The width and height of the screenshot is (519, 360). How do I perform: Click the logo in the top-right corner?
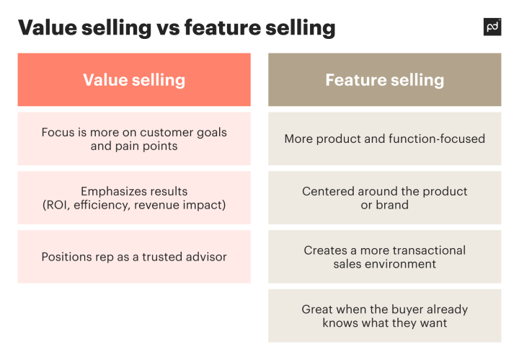[x=492, y=27]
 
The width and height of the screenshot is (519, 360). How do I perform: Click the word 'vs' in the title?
[x=165, y=27]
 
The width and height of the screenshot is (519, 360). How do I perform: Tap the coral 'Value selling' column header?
[x=134, y=80]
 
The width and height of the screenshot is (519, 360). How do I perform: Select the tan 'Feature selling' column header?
[x=384, y=80]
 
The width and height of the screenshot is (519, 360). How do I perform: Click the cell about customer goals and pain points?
[x=134, y=139]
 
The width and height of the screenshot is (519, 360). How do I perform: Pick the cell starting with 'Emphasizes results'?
[x=134, y=198]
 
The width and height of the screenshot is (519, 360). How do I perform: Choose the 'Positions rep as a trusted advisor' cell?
[x=134, y=257]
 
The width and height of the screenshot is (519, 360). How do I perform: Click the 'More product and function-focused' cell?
[x=384, y=139]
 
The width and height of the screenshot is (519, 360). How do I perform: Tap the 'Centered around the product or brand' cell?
[x=384, y=198]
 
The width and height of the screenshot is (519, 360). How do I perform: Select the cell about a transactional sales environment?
[x=384, y=257]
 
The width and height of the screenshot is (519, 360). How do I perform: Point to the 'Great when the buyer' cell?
[x=384, y=316]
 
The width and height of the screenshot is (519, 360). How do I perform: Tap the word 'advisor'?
[x=205, y=257]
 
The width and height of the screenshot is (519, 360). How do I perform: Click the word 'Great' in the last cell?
[x=318, y=309]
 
